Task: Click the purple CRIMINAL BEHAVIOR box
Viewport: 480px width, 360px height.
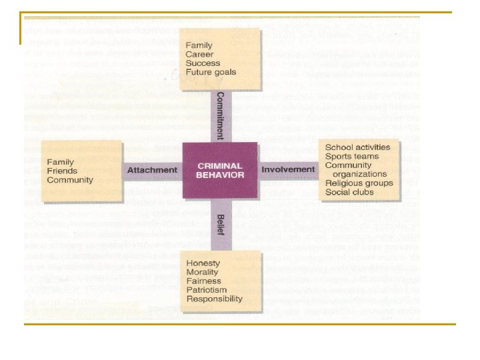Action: (220, 170)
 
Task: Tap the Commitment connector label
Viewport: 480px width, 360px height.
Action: (221, 115)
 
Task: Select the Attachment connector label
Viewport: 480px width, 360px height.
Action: (152, 169)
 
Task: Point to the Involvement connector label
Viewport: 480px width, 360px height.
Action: (288, 169)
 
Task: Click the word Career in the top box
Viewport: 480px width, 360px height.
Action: (201, 54)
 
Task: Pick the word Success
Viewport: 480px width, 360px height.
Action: (203, 63)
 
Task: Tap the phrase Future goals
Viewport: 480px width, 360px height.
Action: (211, 72)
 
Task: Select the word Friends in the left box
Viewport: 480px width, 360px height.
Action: (62, 171)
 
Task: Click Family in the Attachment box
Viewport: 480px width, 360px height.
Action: (60, 162)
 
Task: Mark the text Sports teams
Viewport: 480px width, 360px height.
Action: (351, 157)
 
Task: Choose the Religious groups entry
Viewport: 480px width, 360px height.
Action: (359, 183)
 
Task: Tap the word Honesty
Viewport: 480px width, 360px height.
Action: (203, 263)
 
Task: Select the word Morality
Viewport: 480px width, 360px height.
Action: (203, 272)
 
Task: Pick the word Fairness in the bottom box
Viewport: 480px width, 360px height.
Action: (203, 281)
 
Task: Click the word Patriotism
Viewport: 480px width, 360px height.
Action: (207, 290)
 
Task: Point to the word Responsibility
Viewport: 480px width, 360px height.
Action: (214, 299)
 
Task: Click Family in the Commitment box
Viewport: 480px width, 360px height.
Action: (199, 45)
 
